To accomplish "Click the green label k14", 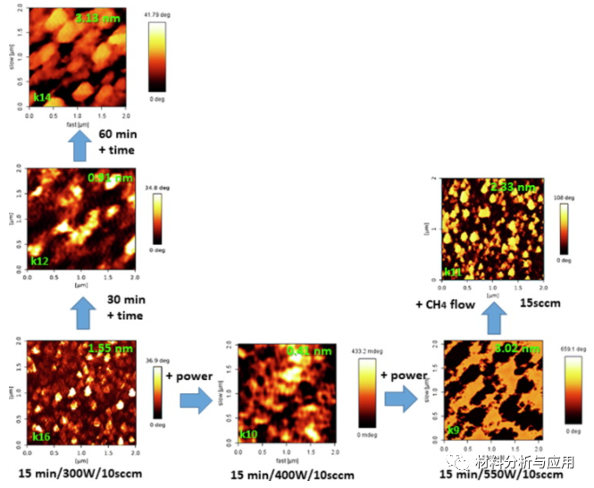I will [x=43, y=97].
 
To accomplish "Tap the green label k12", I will [x=39, y=261].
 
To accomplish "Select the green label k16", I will [x=42, y=437].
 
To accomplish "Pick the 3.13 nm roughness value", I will [x=96, y=17].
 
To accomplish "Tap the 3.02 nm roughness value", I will [x=513, y=349].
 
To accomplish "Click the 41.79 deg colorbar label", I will [x=155, y=16].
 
